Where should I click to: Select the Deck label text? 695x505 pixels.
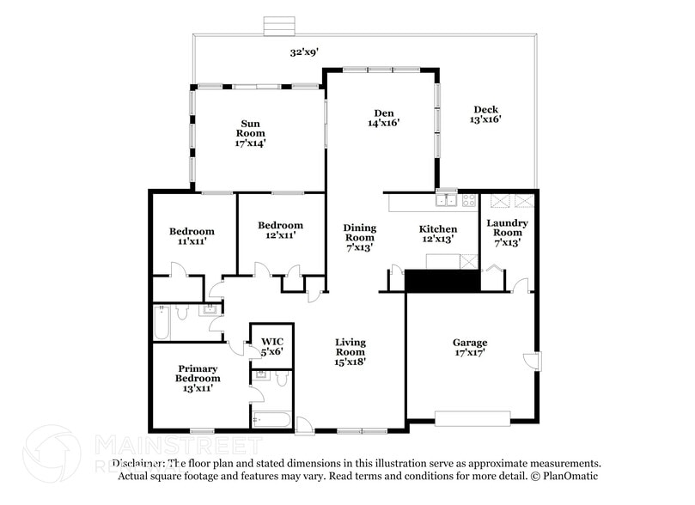click(x=485, y=109)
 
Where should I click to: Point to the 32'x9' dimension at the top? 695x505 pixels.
click(x=304, y=52)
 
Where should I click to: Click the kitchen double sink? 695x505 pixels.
click(x=446, y=201)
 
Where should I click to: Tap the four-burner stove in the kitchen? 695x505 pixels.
click(x=469, y=201)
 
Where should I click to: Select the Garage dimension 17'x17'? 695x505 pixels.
click(x=470, y=352)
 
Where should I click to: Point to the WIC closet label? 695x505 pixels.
click(x=271, y=345)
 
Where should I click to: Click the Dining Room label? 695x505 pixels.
click(x=359, y=233)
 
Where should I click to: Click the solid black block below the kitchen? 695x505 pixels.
click(x=442, y=280)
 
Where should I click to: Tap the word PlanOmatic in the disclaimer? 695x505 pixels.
click(x=570, y=476)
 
